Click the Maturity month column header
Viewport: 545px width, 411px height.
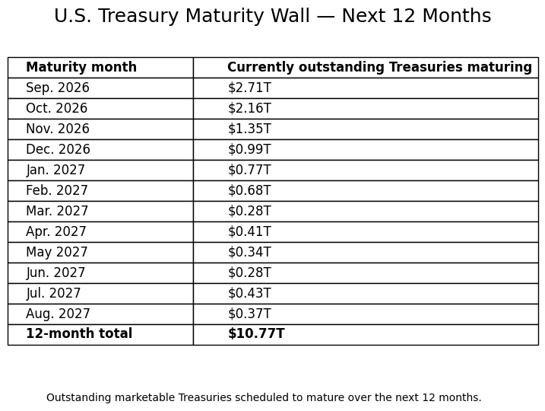(81, 67)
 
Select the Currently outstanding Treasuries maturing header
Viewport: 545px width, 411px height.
(379, 67)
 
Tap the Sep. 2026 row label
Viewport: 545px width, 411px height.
(58, 88)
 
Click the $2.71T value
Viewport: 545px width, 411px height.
(249, 88)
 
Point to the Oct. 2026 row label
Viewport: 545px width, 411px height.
(57, 108)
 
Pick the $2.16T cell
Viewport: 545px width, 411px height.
(249, 108)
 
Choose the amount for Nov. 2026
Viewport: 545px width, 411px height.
(249, 129)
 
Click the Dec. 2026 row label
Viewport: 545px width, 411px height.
(58, 149)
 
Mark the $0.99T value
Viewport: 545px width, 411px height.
(249, 149)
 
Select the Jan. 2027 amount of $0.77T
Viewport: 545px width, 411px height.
(249, 170)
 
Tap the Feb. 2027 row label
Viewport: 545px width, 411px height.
(57, 190)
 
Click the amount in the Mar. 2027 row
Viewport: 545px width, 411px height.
(249, 211)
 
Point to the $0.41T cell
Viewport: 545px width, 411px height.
(249, 231)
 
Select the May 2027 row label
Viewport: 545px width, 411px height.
(57, 252)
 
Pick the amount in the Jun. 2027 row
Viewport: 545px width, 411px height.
(249, 272)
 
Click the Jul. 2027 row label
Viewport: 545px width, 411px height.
(53, 293)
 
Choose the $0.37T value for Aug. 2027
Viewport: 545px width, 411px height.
(249, 314)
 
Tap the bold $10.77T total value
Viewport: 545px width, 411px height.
(256, 333)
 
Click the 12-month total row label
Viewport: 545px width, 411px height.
(79, 333)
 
